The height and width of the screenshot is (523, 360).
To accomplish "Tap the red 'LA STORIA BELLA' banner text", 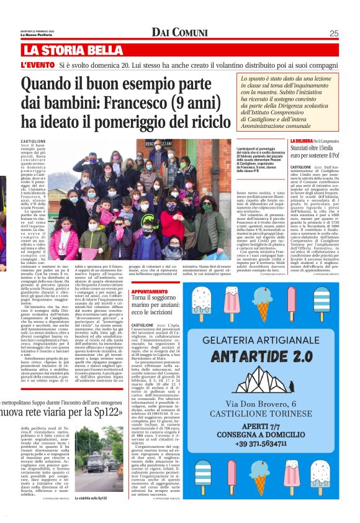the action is pos(73,50).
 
